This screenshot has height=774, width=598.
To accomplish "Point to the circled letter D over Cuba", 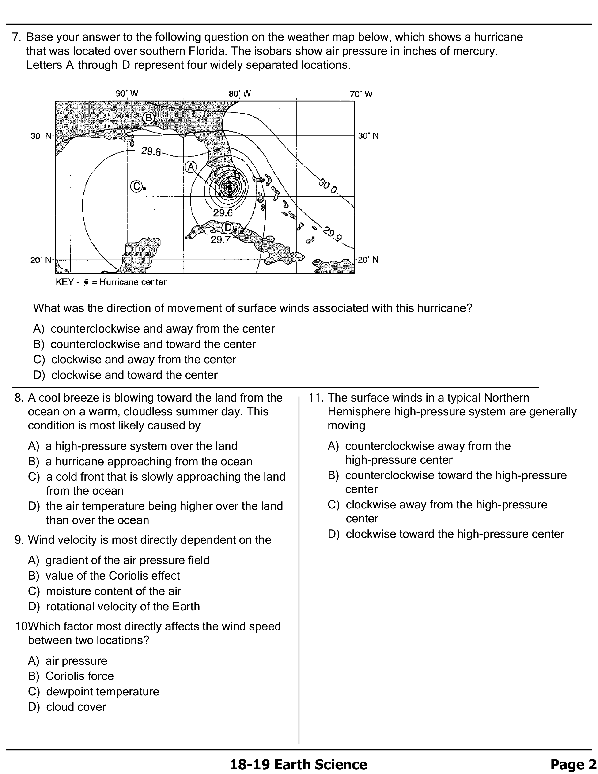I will point(228,227).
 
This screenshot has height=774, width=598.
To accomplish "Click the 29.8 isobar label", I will point(151,151).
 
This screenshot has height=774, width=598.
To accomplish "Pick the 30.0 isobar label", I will point(328,186).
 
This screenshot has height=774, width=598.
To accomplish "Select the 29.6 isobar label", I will point(223,213).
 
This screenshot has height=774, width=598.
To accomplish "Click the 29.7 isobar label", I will point(220,240).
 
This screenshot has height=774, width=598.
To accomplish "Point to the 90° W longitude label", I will point(127,94).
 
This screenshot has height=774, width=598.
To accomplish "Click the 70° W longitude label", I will point(361,94).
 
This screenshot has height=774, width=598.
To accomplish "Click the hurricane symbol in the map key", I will point(85,282).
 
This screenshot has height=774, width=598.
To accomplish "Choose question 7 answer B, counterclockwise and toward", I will point(153,344).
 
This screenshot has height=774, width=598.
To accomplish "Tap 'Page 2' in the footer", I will point(573,764).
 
